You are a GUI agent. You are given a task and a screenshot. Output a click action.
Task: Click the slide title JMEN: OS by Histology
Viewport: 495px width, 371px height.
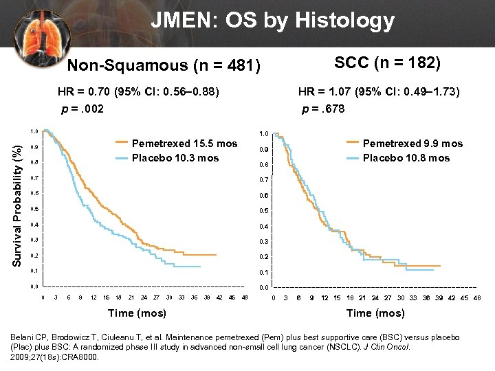click(x=273, y=21)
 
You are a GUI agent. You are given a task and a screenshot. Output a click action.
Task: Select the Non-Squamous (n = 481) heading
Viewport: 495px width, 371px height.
click(x=164, y=66)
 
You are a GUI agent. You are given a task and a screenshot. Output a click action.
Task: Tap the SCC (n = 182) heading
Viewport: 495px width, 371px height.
click(x=387, y=63)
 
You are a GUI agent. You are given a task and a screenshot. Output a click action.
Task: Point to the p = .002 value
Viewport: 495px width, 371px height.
click(x=81, y=109)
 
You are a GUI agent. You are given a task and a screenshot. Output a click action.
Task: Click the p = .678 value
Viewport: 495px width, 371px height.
click(x=323, y=109)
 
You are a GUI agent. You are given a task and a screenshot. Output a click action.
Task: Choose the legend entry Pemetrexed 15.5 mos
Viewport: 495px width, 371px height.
click(x=184, y=144)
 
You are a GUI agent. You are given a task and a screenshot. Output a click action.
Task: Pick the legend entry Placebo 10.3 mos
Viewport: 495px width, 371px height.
click(x=175, y=158)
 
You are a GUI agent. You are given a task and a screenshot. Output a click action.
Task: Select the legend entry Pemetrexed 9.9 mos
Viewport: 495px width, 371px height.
click(x=412, y=144)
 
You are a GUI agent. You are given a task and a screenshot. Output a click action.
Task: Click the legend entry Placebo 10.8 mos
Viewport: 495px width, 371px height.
click(x=406, y=158)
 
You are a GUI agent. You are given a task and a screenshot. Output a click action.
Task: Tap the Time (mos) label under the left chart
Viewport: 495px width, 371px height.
click(x=137, y=313)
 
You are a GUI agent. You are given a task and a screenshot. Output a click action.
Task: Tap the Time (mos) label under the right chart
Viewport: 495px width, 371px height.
click(x=375, y=313)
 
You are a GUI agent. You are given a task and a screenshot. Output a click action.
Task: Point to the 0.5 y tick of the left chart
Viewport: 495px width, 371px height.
click(x=34, y=209)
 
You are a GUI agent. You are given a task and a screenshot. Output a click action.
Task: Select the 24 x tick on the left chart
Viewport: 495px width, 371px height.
click(x=144, y=297)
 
